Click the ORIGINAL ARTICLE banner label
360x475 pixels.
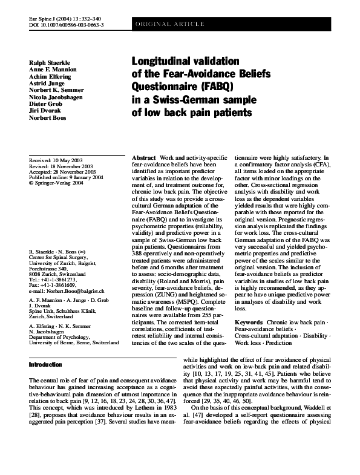[x=161, y=24]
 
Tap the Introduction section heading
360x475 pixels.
[x=45, y=365]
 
